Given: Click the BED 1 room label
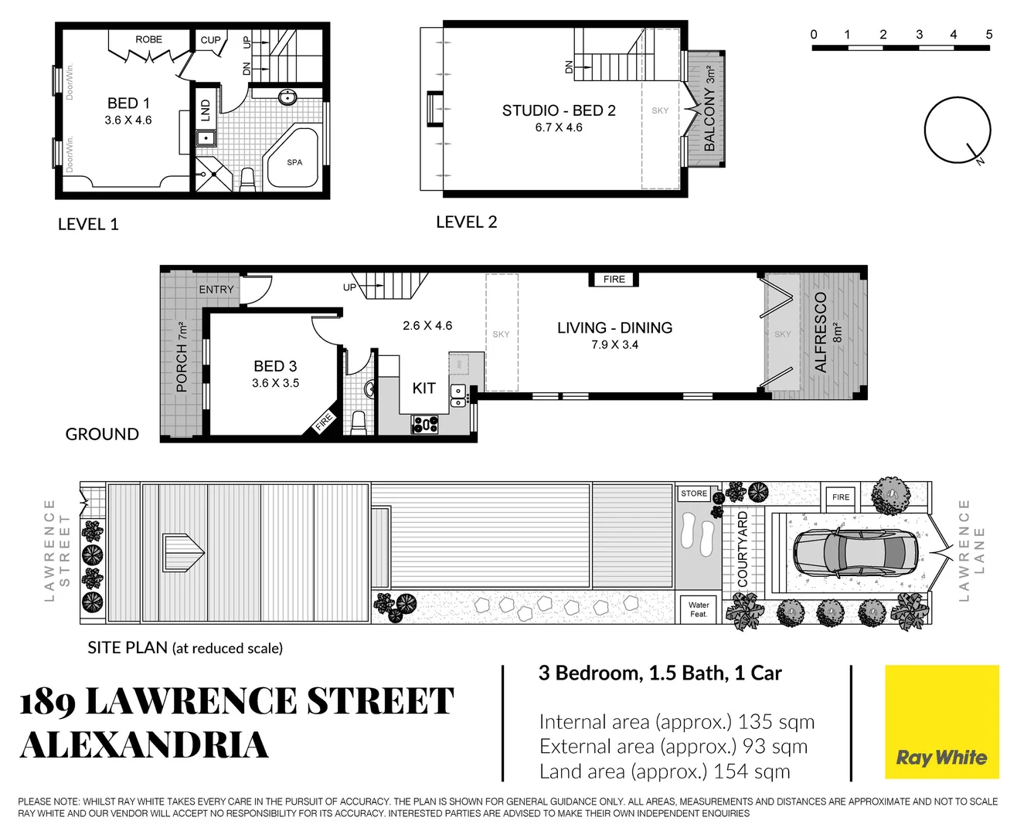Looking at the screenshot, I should pyautogui.click(x=128, y=103).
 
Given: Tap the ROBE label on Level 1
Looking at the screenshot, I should pyautogui.click(x=148, y=39).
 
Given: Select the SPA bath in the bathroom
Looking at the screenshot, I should pyautogui.click(x=294, y=162).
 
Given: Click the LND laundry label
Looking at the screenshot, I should pyautogui.click(x=206, y=110).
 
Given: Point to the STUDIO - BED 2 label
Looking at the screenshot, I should pyautogui.click(x=559, y=110).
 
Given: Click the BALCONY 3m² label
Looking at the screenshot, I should pyautogui.click(x=709, y=108).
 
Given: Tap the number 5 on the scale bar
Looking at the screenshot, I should pyautogui.click(x=988, y=35).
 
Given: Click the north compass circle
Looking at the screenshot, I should pyautogui.click(x=957, y=130).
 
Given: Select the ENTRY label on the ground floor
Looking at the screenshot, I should pyautogui.click(x=216, y=290).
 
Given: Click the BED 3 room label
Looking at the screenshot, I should pyautogui.click(x=275, y=366).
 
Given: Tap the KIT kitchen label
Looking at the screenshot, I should pyautogui.click(x=423, y=388).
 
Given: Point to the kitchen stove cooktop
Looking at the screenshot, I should pyautogui.click(x=425, y=424).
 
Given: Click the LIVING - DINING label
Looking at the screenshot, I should pyautogui.click(x=614, y=327).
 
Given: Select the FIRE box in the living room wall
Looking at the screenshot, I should pyautogui.click(x=614, y=280).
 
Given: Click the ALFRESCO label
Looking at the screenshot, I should pyautogui.click(x=821, y=332).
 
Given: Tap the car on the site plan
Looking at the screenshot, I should pyautogui.click(x=855, y=553).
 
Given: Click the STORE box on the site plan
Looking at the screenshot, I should pyautogui.click(x=694, y=493).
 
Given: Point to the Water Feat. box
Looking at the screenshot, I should pyautogui.click(x=699, y=609).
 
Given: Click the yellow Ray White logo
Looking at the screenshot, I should pyautogui.click(x=941, y=722).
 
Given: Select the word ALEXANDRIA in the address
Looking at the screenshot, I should pyautogui.click(x=145, y=745).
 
